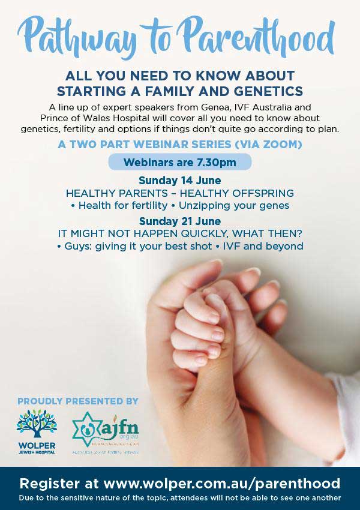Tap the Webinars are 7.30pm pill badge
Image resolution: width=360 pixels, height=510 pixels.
pos(179,162)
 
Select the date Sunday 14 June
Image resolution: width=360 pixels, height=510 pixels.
pos(179,181)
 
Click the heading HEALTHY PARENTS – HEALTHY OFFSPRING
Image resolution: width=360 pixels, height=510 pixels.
pos(179,193)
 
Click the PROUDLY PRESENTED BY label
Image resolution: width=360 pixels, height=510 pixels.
pos(78,401)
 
